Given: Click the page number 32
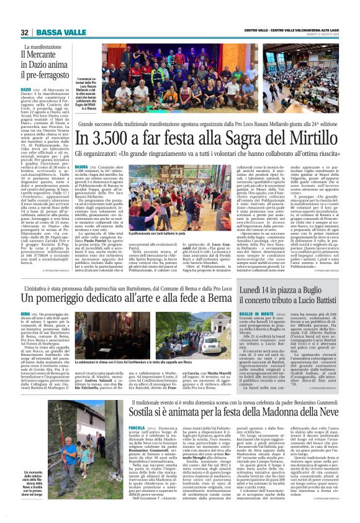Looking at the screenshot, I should coord(25,32).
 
